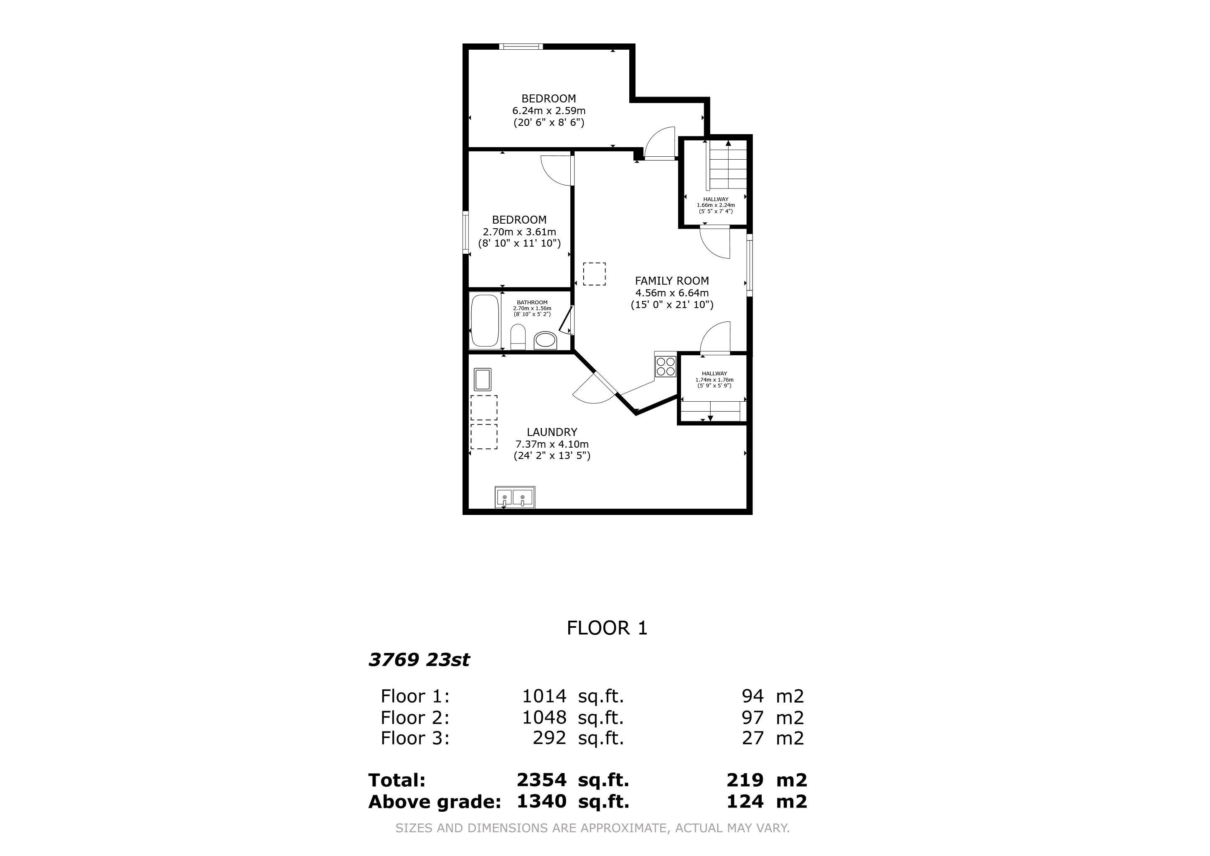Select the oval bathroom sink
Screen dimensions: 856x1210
tap(545, 341)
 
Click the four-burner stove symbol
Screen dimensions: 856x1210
tap(665, 366)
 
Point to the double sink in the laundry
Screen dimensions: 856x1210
tap(515, 497)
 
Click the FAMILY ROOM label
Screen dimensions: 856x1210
tap(671, 281)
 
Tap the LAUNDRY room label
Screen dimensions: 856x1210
tap(552, 432)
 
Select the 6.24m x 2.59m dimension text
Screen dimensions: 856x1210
tap(549, 111)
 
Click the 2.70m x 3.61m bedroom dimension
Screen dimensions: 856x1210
tap(519, 232)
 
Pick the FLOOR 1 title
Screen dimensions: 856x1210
tap(607, 628)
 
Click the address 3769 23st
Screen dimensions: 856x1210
tap(419, 660)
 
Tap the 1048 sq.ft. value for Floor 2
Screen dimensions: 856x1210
tap(572, 717)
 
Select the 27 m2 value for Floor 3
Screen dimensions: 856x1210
tap(773, 738)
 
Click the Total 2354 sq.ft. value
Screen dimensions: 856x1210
tap(572, 780)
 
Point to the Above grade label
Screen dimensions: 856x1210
tap(434, 802)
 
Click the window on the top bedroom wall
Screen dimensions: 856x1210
tap(521, 47)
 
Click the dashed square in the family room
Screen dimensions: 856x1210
tap(594, 274)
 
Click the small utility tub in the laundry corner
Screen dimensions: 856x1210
tap(482, 379)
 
